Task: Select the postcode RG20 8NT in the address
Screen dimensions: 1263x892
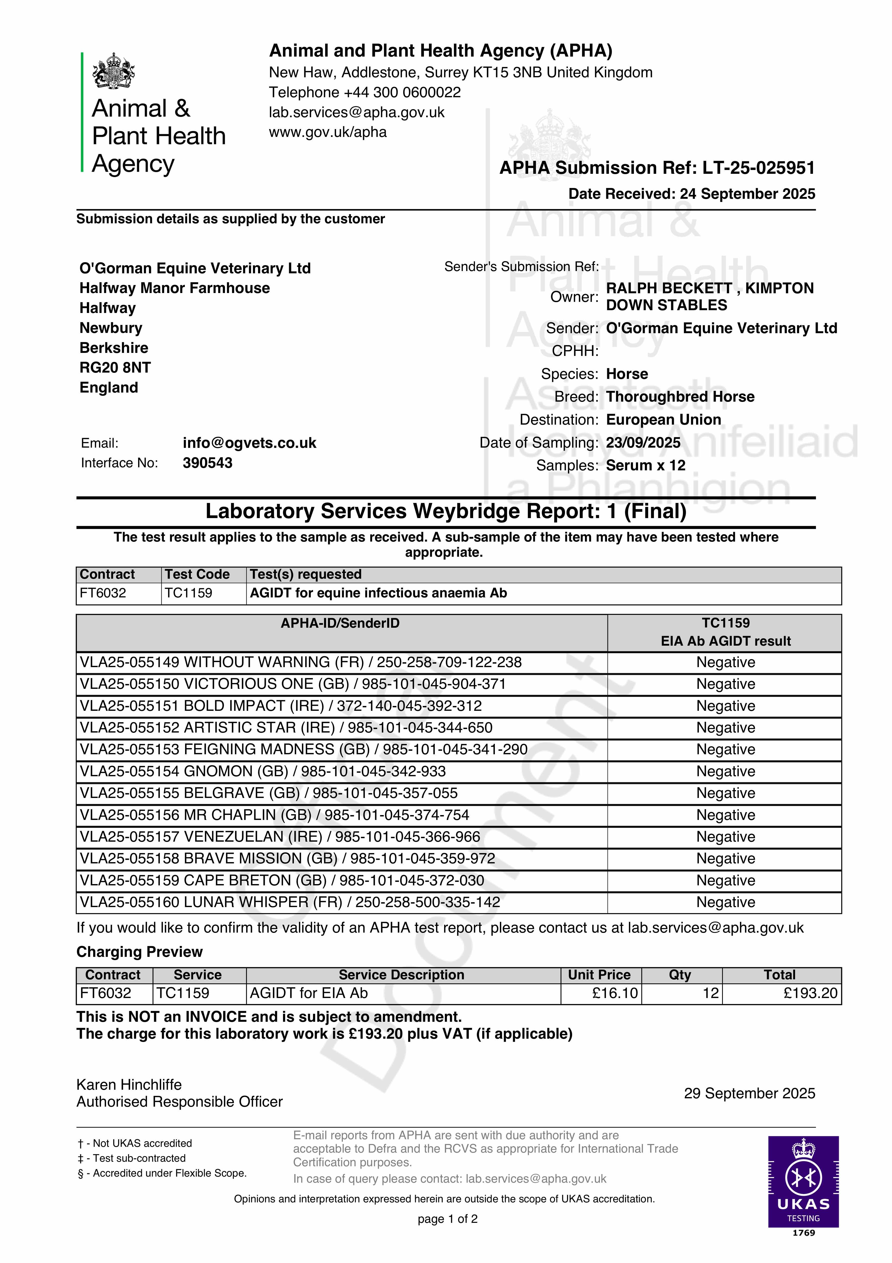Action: [115, 368]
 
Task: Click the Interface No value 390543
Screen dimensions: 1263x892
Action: [207, 463]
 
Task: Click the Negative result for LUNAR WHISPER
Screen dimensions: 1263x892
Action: [725, 902]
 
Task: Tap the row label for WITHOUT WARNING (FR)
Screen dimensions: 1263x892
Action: [300, 662]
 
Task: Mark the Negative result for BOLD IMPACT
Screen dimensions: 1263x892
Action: [725, 706]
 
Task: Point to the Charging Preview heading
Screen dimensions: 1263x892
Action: [139, 952]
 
